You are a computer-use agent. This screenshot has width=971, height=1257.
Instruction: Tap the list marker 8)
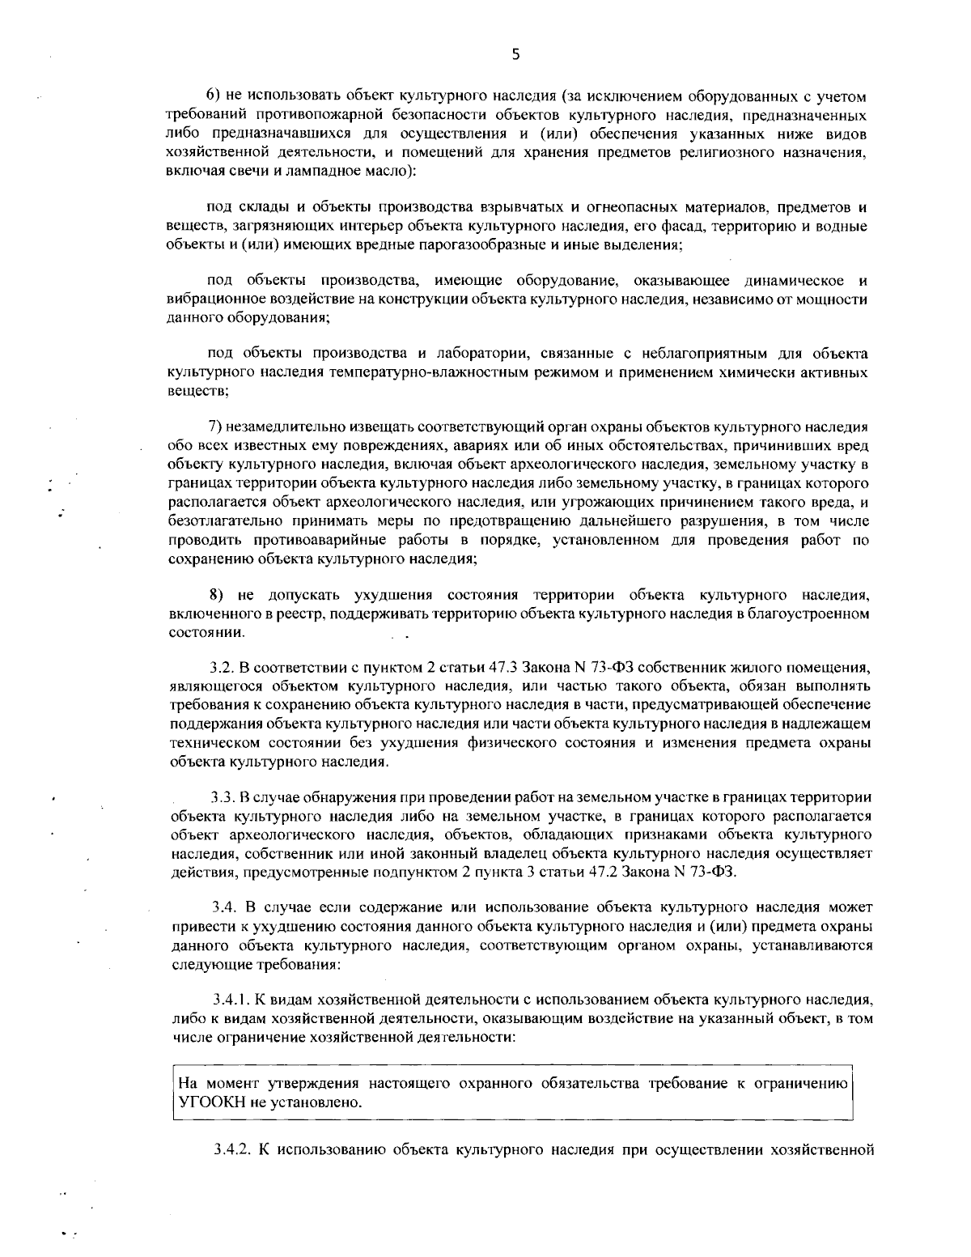click(216, 597)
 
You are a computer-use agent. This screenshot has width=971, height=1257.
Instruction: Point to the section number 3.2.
click(221, 669)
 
